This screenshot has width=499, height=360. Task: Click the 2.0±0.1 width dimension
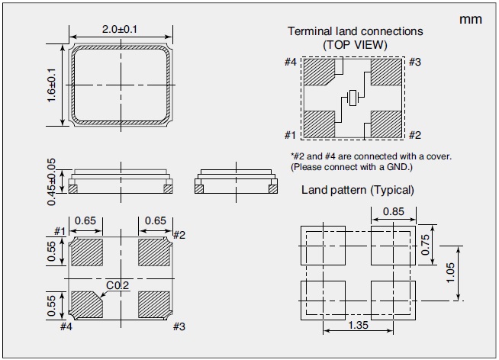[x=121, y=30]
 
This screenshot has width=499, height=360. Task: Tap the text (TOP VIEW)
[x=354, y=44]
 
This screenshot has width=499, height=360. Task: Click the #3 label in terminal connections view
[x=414, y=63]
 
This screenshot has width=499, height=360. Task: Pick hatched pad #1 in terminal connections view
[x=318, y=122]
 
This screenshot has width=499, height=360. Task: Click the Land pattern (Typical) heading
[x=357, y=189]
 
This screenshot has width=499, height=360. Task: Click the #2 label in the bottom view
[x=180, y=234]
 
